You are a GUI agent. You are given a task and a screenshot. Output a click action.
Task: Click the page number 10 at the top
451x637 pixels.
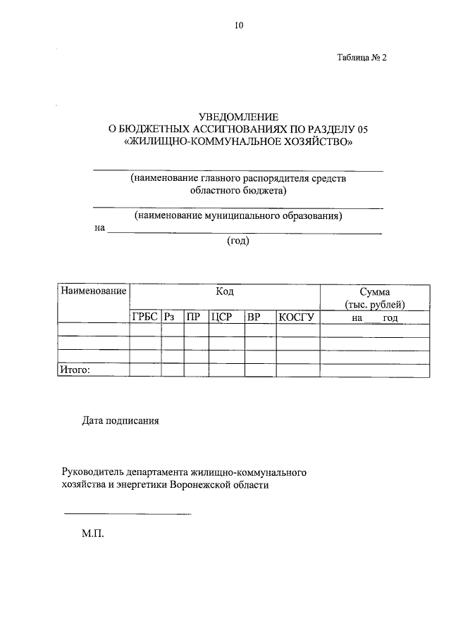pos(238,26)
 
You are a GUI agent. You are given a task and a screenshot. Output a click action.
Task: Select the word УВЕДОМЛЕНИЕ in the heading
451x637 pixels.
pos(238,117)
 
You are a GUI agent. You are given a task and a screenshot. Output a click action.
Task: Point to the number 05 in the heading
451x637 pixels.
pos(362,129)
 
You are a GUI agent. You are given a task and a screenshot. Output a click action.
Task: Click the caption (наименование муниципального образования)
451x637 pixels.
pos(238,215)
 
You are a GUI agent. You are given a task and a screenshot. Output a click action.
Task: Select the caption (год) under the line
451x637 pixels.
pos(238,241)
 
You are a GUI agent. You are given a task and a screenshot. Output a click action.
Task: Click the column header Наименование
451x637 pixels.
pos(93,291)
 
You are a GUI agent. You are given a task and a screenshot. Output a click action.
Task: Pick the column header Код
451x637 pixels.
pos(225,291)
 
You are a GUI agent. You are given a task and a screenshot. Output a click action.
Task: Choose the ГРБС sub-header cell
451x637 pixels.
pos(144,317)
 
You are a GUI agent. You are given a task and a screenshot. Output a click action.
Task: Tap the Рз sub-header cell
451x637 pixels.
pos(171,317)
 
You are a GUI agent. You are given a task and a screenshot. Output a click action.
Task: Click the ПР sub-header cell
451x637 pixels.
pos(193,317)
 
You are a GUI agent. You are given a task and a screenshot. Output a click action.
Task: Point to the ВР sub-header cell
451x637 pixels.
pos(254,317)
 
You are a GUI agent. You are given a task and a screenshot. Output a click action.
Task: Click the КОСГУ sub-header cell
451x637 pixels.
pos(295,317)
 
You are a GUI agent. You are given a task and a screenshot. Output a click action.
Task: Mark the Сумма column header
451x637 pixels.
pos(374,291)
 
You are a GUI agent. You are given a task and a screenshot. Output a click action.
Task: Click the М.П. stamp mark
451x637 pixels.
pos(92,534)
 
